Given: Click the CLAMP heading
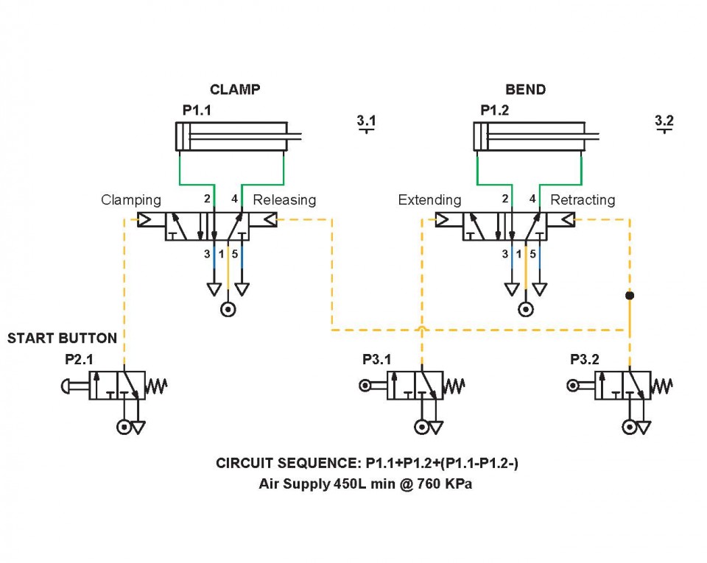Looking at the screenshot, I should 235,90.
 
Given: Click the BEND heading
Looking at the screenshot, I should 525,90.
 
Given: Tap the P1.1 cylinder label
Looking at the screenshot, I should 197,110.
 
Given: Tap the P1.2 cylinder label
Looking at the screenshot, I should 495,110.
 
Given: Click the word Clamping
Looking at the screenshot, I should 131,200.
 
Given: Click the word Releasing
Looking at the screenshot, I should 284,200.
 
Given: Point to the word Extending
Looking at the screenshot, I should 429,200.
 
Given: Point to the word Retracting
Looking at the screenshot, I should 583,200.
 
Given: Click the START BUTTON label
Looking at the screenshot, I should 62,339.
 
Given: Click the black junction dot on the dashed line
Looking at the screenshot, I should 629,295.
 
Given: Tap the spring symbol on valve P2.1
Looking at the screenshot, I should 158,385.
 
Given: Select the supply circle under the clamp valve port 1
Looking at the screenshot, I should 228,310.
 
